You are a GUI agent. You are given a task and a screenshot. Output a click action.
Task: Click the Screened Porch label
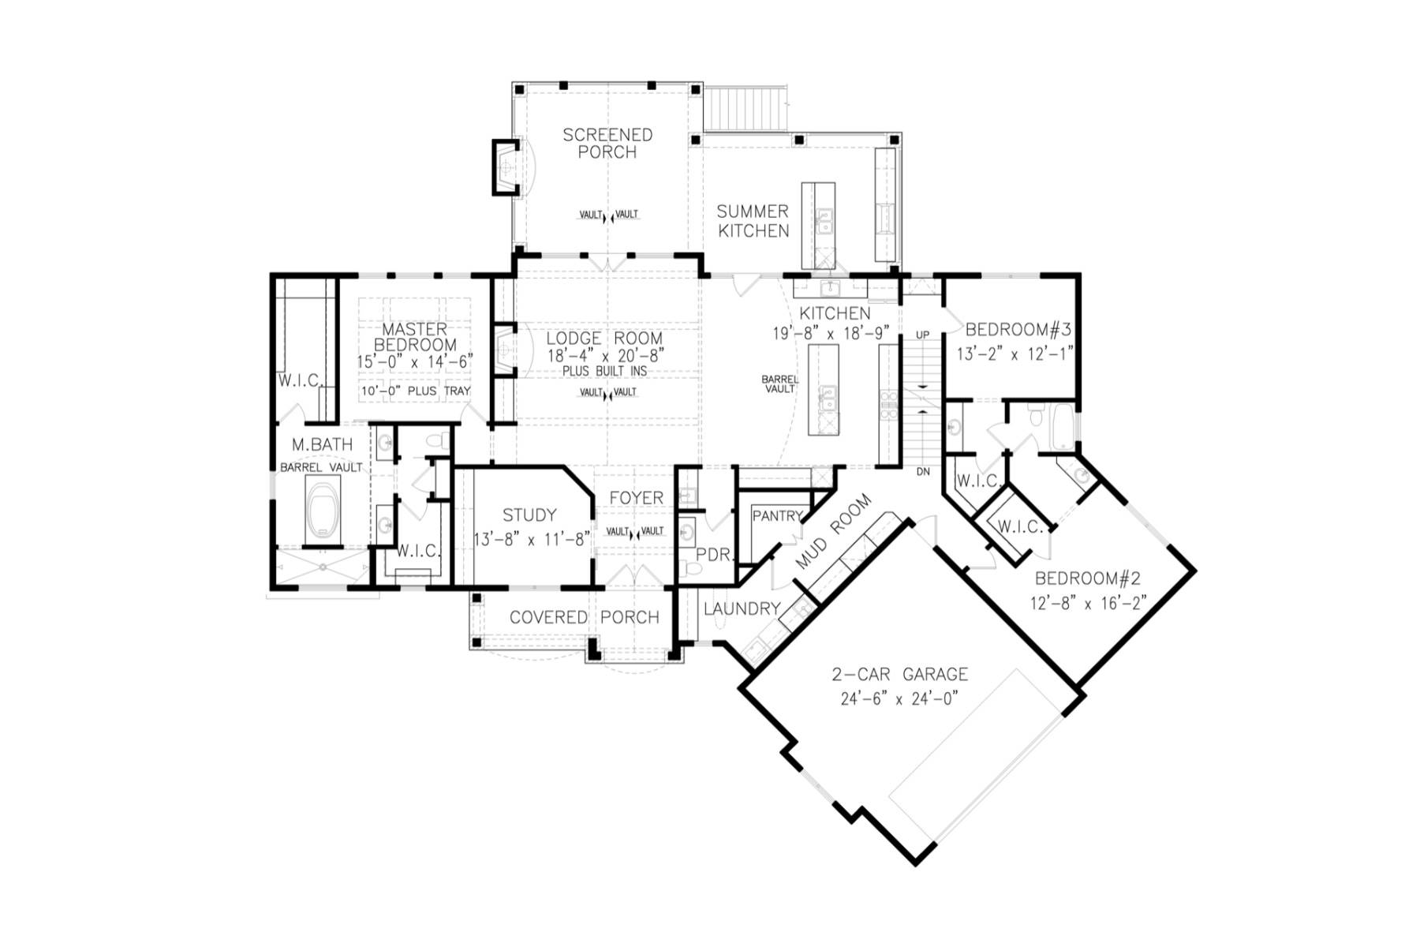click(x=607, y=144)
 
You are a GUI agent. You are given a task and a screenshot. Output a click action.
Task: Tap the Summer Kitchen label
click(x=753, y=221)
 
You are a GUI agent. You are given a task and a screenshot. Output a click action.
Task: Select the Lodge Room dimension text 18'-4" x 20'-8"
click(x=606, y=356)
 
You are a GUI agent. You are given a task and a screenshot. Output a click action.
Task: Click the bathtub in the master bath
click(x=322, y=511)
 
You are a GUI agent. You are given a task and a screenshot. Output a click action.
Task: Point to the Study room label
click(x=529, y=515)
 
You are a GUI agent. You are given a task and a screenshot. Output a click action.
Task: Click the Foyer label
click(x=636, y=498)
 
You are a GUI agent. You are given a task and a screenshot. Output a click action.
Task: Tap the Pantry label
click(x=777, y=516)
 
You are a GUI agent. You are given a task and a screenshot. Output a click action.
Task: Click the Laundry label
click(x=742, y=609)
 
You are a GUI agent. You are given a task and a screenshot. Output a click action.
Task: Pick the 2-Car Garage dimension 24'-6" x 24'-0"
click(x=899, y=699)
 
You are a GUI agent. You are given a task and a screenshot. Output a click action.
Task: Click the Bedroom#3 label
click(x=1018, y=329)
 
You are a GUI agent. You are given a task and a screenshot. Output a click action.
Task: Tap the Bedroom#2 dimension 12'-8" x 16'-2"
click(x=1087, y=603)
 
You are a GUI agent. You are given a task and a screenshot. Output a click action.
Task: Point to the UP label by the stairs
click(x=922, y=335)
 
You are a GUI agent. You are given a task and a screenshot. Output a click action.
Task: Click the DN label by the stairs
click(x=922, y=472)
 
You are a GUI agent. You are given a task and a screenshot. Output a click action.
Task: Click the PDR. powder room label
click(x=715, y=555)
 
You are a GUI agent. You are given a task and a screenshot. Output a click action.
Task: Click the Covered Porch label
click(x=584, y=617)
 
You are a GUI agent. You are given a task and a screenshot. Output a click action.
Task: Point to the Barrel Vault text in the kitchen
click(x=779, y=384)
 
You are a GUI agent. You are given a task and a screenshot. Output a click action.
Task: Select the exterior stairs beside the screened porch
click(x=746, y=110)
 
